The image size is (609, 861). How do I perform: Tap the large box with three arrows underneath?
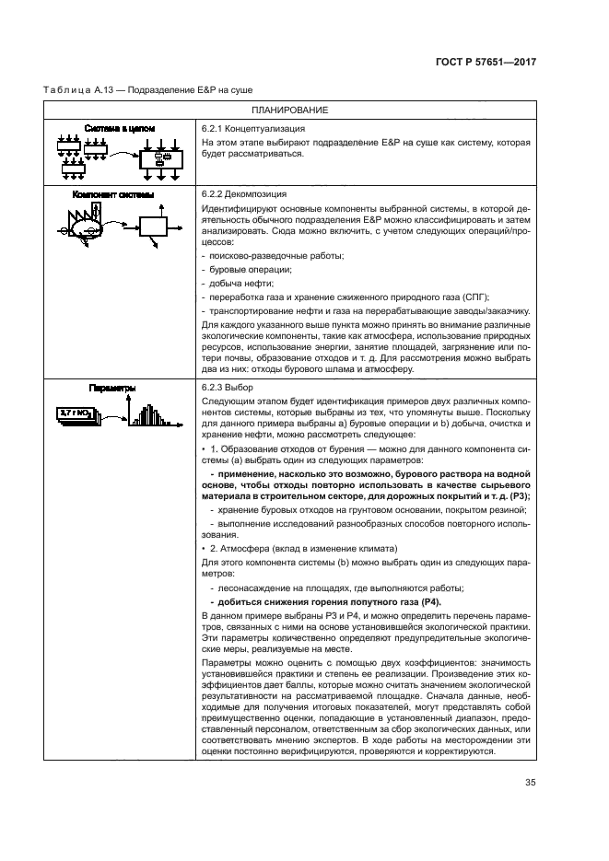coord(160,162)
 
